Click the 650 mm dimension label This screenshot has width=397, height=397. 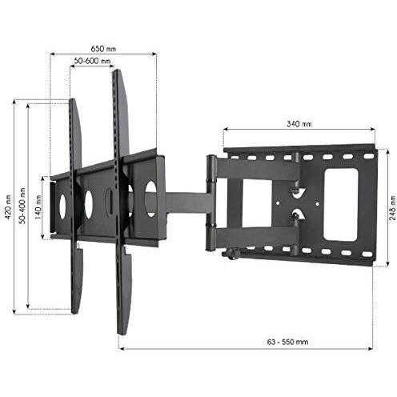(x=101, y=48)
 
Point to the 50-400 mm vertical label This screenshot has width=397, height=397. (x=22, y=207)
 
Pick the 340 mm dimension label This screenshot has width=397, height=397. (x=297, y=123)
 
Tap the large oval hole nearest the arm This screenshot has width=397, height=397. (x=150, y=198)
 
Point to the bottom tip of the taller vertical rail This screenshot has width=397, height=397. (x=122, y=330)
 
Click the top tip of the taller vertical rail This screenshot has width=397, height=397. (x=117, y=73)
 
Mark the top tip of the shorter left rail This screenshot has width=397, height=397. (x=73, y=102)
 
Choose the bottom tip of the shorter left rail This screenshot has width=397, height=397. (x=76, y=311)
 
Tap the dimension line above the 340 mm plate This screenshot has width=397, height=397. (x=298, y=130)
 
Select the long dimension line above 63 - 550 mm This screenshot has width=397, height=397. (x=245, y=349)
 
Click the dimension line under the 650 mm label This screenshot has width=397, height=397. (x=102, y=54)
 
